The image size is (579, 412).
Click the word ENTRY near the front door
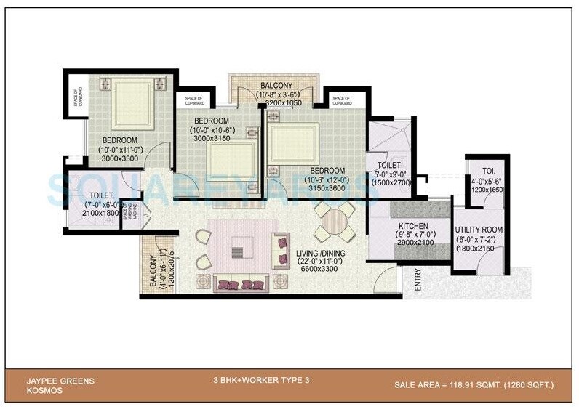coord(418,281)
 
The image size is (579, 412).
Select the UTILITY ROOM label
coord(479,230)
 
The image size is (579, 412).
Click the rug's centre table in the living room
coord(237,251)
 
